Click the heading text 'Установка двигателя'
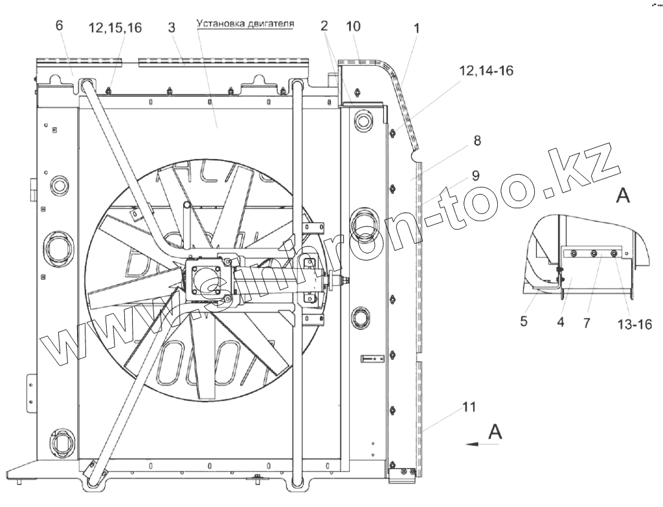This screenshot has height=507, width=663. coord(245,23)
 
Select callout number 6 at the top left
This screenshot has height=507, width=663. coord(59,25)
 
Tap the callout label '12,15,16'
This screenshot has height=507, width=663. coord(115,28)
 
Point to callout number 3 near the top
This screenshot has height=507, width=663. coord(171,27)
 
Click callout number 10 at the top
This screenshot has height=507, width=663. coord(353,27)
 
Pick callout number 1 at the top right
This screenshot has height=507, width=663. coord(416,28)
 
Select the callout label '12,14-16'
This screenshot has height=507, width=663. coord(487,70)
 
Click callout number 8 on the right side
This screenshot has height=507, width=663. coord(477,140)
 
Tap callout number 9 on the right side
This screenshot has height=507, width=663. coord(476,175)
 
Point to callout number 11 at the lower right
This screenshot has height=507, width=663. coord(469,407)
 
